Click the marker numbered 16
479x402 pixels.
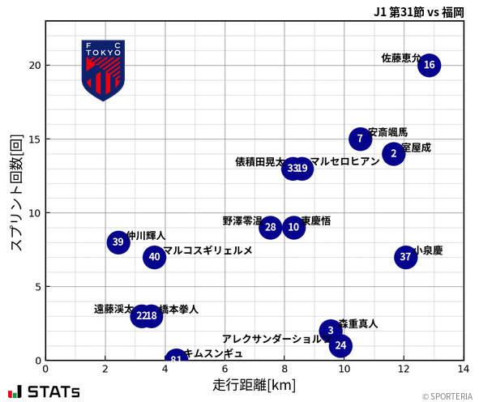(x=429, y=65)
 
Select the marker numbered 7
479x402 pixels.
(x=360, y=139)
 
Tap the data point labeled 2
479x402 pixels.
(x=393, y=153)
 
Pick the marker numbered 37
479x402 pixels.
(x=405, y=257)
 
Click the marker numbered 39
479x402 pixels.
(x=118, y=242)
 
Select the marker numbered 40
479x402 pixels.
(x=154, y=257)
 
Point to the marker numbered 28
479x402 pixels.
(x=271, y=227)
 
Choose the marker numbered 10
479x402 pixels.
(x=293, y=227)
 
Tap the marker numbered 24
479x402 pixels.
(x=341, y=345)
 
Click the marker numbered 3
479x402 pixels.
(x=330, y=331)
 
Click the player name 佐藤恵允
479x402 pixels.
(x=400, y=58)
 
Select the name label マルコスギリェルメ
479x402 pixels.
(x=207, y=250)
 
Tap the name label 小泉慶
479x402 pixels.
(x=428, y=250)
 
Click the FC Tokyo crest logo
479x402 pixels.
(x=103, y=70)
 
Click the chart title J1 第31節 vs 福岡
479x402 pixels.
(x=418, y=11)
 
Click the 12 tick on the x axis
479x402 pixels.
(x=404, y=369)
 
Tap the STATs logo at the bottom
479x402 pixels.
(x=45, y=391)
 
